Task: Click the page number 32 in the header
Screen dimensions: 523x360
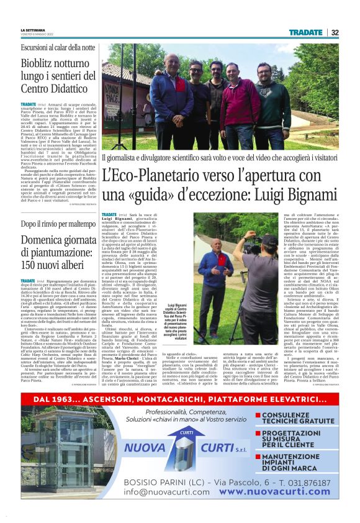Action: tap(335, 32)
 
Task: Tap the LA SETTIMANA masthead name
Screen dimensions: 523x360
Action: tap(32, 30)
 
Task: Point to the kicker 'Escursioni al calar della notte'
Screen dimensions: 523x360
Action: tap(58, 47)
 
